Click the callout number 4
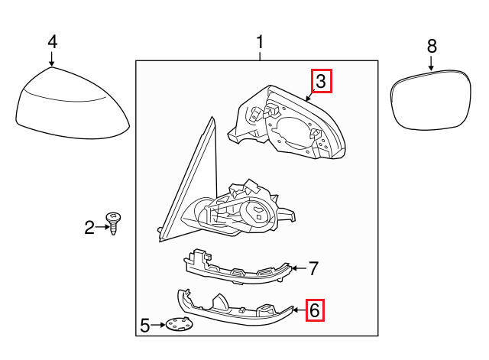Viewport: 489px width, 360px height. click(53, 42)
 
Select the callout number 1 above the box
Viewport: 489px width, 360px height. click(260, 42)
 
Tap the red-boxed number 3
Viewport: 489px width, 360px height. click(321, 81)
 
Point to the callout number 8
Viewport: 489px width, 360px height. click(432, 46)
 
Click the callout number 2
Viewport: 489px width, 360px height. click(89, 227)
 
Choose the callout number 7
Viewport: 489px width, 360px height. click(313, 268)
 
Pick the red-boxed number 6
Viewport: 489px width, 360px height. click(314, 310)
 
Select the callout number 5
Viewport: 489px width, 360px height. click(144, 326)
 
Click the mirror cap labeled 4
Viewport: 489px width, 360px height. click(73, 103)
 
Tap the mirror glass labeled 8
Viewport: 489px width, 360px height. click(430, 100)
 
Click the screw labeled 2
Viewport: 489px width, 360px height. click(114, 223)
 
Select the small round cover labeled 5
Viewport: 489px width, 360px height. click(179, 325)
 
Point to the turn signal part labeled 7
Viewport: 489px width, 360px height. click(237, 268)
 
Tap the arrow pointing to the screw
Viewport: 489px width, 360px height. click(102, 227)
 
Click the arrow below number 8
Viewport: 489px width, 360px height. click(431, 63)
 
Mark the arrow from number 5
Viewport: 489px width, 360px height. click(158, 325)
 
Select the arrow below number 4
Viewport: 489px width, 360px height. click(52, 59)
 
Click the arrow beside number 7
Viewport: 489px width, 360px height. click(299, 268)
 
